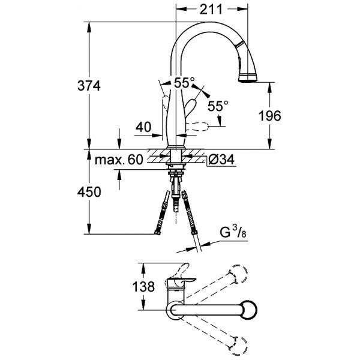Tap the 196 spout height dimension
[x=269, y=116]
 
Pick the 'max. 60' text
[x=118, y=160]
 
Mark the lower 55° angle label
[x=217, y=106]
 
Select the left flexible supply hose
[x=161, y=212]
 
